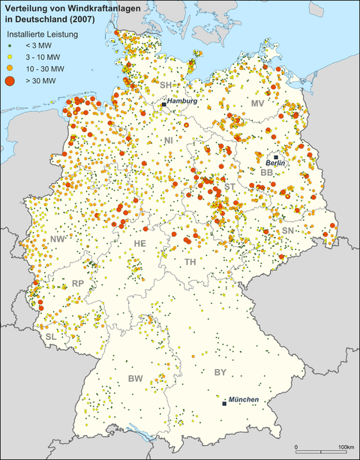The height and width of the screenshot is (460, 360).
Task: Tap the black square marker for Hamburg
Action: [x=163, y=104]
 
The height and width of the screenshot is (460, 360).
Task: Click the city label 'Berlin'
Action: [x=276, y=162]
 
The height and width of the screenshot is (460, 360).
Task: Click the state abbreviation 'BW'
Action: [x=136, y=378]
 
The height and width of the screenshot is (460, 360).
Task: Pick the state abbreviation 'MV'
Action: [x=257, y=103]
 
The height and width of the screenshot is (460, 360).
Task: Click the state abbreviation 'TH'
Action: [x=190, y=262]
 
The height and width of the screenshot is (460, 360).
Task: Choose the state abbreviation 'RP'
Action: [x=77, y=284]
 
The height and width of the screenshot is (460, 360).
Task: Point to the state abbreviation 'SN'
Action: [x=288, y=230]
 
